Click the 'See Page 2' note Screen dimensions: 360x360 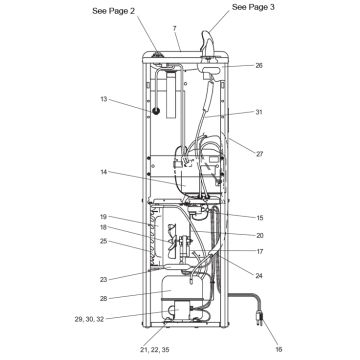tap(114, 11)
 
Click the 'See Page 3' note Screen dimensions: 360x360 tap(253, 7)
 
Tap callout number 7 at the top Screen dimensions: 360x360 tap(174, 28)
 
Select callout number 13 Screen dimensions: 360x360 tap(104, 99)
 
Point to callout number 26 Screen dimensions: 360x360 tap(259, 65)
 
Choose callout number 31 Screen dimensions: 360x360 tap(259, 112)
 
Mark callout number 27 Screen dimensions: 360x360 tap(259, 154)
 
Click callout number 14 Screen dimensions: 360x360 tap(104, 172)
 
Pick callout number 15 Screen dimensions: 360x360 tap(259, 218)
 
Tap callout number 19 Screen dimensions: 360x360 tap(104, 217)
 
